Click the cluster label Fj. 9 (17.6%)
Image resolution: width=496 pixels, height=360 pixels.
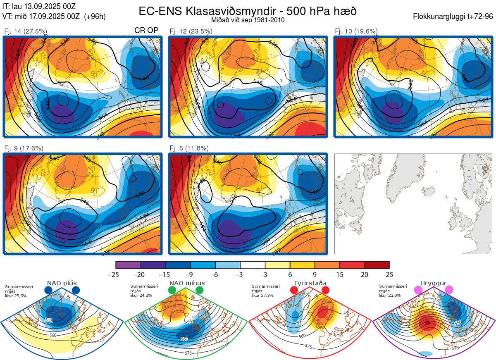tap(24, 148)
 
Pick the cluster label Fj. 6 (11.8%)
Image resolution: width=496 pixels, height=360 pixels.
tap(189, 148)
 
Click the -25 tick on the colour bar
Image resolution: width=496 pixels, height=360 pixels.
tap(116, 274)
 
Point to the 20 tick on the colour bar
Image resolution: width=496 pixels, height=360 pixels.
tap(365, 274)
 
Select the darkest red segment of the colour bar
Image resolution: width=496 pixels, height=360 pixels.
tap(377, 265)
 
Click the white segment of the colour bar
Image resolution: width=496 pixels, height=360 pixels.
tap(253, 265)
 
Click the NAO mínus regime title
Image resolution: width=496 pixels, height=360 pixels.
tap(187, 283)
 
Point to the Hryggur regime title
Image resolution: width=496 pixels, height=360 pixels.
tap(434, 283)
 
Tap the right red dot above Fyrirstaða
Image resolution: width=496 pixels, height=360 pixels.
tap(325, 291)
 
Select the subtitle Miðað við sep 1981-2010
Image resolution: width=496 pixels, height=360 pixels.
tap(247, 20)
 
